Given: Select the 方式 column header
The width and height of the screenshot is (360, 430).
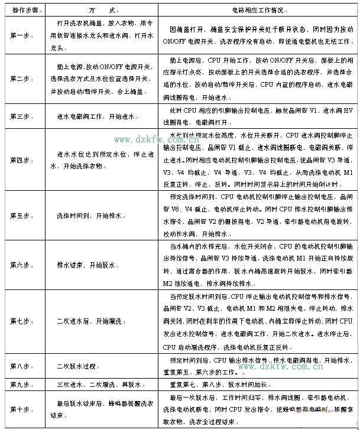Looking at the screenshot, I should (100, 11).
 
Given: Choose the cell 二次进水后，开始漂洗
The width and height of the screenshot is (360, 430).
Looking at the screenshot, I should (89, 321).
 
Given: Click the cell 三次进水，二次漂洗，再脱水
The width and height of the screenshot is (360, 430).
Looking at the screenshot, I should (99, 385).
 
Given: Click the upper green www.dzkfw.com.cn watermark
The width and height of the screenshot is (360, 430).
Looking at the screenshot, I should (155, 139).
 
